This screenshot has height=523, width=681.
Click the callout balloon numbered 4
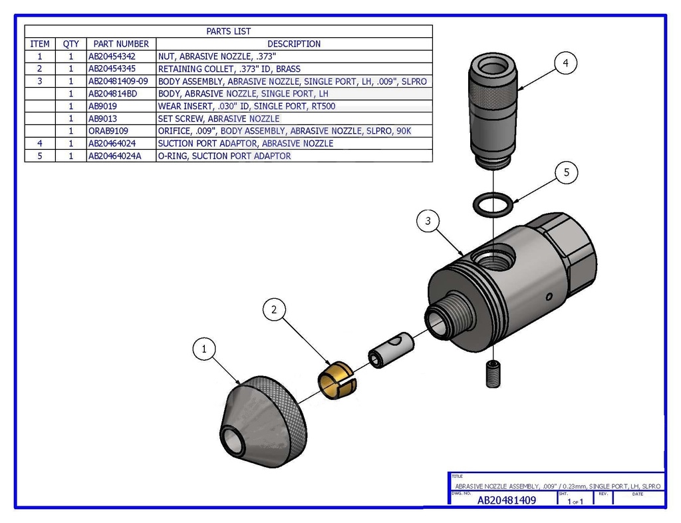click(565, 63)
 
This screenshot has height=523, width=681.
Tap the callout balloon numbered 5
click(566, 172)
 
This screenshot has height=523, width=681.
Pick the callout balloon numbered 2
click(274, 309)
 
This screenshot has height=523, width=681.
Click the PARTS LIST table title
click(228, 31)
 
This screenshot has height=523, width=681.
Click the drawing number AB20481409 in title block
click(507, 500)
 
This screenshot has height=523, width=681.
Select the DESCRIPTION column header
click(294, 44)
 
